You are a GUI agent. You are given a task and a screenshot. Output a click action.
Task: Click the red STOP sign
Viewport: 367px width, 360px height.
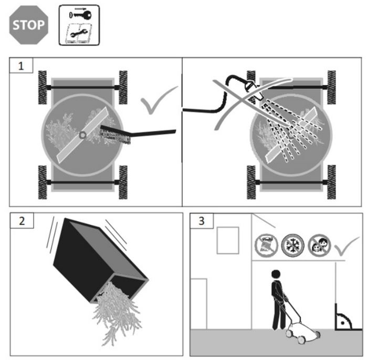[x=28, y=25]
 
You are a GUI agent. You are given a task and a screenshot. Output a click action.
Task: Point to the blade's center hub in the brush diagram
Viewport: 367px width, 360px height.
[x=82, y=135]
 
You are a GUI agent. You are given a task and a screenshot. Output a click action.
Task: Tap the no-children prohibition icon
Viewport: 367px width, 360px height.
[x=317, y=246]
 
